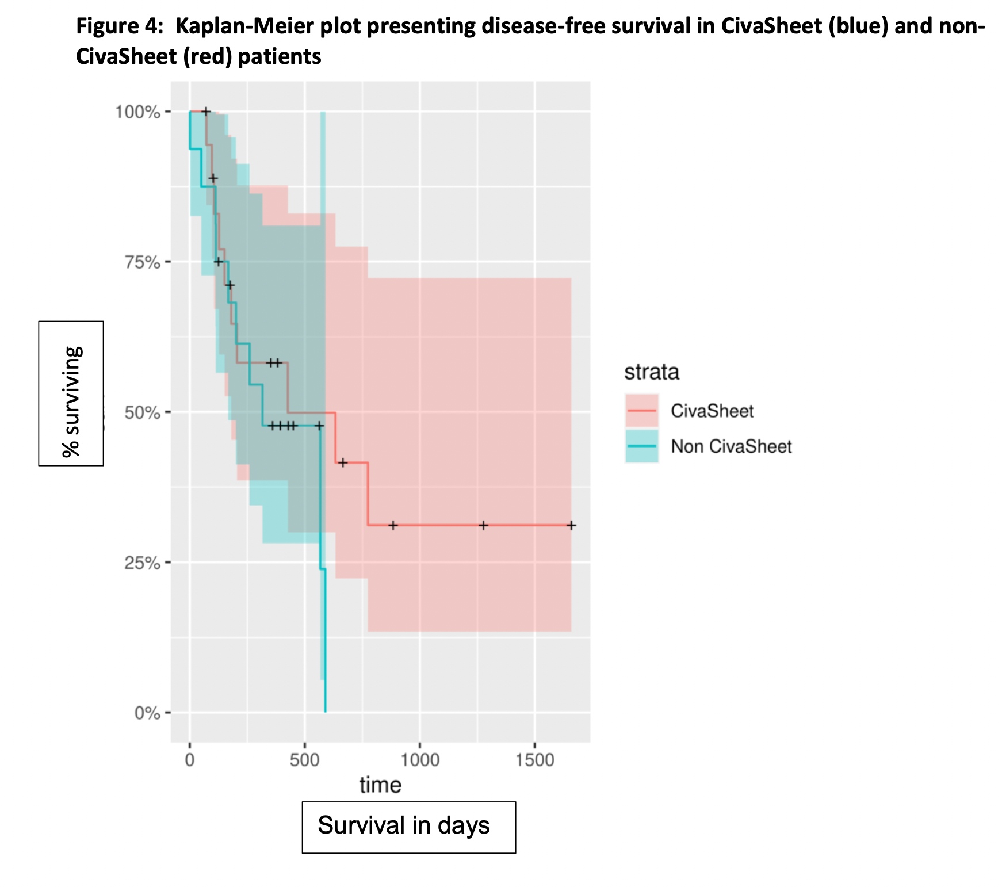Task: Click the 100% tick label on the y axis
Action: pyautogui.click(x=137, y=112)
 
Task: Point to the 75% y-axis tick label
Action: pyautogui.click(x=141, y=262)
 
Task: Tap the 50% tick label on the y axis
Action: pyautogui.click(x=141, y=412)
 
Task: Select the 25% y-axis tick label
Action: pyautogui.click(x=141, y=563)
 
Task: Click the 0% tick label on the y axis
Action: pyautogui.click(x=147, y=713)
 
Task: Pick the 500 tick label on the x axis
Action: pyautogui.click(x=304, y=760)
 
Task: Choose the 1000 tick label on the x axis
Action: pyautogui.click(x=419, y=760)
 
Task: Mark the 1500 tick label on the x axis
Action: pyautogui.click(x=534, y=760)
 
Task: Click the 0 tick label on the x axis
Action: pyautogui.click(x=190, y=760)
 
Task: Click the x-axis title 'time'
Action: pyautogui.click(x=380, y=785)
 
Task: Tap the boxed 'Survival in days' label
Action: pyautogui.click(x=408, y=827)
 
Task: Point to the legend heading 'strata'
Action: pyautogui.click(x=652, y=372)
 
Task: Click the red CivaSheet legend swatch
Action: pyautogui.click(x=641, y=411)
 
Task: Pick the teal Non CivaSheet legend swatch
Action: pyautogui.click(x=641, y=446)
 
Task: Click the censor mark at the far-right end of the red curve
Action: pyautogui.click(x=571, y=525)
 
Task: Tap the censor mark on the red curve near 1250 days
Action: pyautogui.click(x=483, y=525)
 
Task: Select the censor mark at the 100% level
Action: pyautogui.click(x=206, y=112)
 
